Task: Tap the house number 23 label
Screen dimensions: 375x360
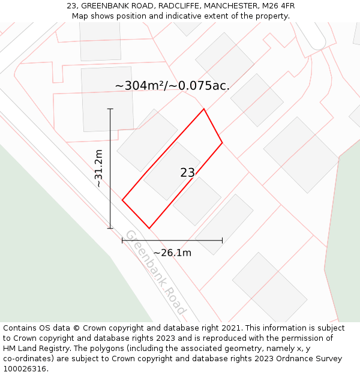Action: point(187,173)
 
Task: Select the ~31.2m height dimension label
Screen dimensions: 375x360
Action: point(99,169)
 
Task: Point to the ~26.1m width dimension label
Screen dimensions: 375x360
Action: point(172,253)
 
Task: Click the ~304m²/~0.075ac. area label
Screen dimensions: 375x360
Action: point(172,86)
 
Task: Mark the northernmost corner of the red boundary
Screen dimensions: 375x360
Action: point(204,109)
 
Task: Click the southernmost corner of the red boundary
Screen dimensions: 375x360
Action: point(149,229)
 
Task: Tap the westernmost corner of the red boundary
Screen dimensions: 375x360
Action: point(122,200)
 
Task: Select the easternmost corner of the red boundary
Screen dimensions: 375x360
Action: point(223,143)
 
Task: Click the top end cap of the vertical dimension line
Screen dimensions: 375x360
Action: point(110,109)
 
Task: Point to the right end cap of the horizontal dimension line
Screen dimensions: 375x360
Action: point(223,240)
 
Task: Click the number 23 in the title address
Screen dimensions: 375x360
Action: point(71,6)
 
